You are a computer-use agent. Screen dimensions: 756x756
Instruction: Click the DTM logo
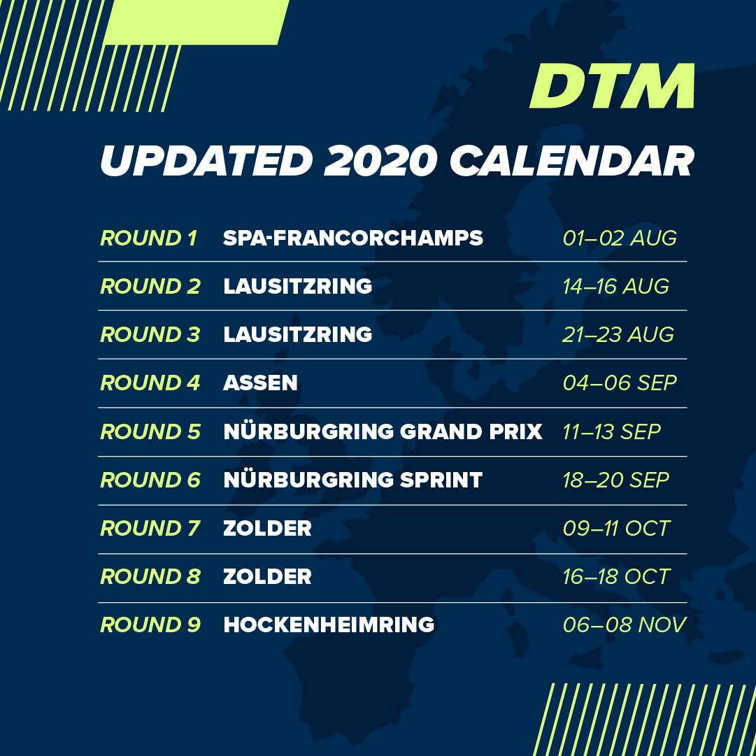pos(613,86)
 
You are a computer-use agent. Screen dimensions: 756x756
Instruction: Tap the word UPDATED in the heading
pos(206,161)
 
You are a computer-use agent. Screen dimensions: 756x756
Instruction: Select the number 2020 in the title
pos(381,161)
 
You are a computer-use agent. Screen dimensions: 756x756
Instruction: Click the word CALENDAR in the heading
pos(572,161)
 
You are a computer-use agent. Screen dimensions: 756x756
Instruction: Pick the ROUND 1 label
pos(148,238)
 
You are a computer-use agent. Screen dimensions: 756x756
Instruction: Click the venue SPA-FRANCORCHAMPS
pos(353,238)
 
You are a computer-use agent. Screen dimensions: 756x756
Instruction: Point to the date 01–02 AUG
pos(620,238)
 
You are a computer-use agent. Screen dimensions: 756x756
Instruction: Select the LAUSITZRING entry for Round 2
pos(297,287)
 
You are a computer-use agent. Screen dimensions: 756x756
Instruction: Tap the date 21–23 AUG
pos(618,334)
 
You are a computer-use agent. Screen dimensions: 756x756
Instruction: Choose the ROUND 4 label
pos(150,383)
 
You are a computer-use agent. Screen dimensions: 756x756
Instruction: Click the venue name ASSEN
pos(260,383)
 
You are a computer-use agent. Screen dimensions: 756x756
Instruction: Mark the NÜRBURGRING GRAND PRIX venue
pos(383,431)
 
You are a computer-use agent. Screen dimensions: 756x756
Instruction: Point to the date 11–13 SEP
pos(611,432)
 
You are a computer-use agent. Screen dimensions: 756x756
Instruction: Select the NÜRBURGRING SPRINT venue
pos(353,479)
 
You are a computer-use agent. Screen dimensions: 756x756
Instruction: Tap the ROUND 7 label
pos(150,529)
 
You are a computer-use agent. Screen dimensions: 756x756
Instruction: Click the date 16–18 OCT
pos(616,577)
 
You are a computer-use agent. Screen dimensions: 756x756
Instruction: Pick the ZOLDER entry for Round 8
pos(268,577)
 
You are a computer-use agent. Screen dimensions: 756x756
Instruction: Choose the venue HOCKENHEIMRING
pos(329,625)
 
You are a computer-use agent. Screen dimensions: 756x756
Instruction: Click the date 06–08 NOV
pos(625,625)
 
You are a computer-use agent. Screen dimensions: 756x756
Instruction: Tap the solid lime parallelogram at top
pos(197,22)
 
